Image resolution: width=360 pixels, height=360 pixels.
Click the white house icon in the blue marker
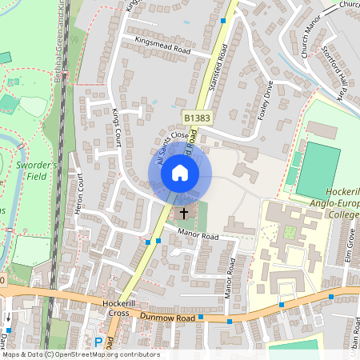[x=180, y=172]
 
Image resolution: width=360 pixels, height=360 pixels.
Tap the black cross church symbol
[x=185, y=213]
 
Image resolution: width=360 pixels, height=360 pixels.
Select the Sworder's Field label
[x=37, y=170]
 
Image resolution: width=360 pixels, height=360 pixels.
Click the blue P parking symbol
[x=99, y=342]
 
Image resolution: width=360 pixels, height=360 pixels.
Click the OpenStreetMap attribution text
[x=82, y=354]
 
